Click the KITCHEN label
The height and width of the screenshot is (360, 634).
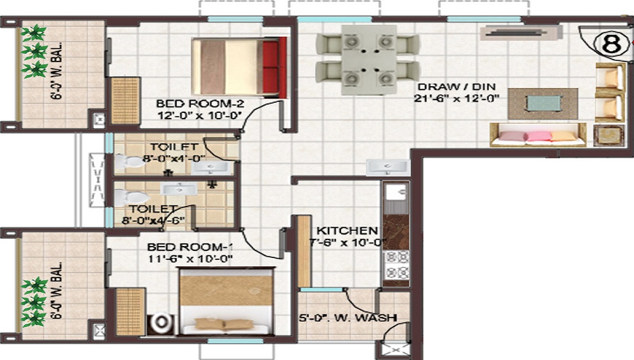(x=347, y=230)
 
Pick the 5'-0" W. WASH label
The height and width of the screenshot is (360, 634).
(x=347, y=317)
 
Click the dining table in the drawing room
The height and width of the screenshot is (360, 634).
(x=368, y=60)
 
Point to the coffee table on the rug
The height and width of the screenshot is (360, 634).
(x=543, y=103)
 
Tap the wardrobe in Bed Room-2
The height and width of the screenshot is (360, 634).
(x=125, y=100)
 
